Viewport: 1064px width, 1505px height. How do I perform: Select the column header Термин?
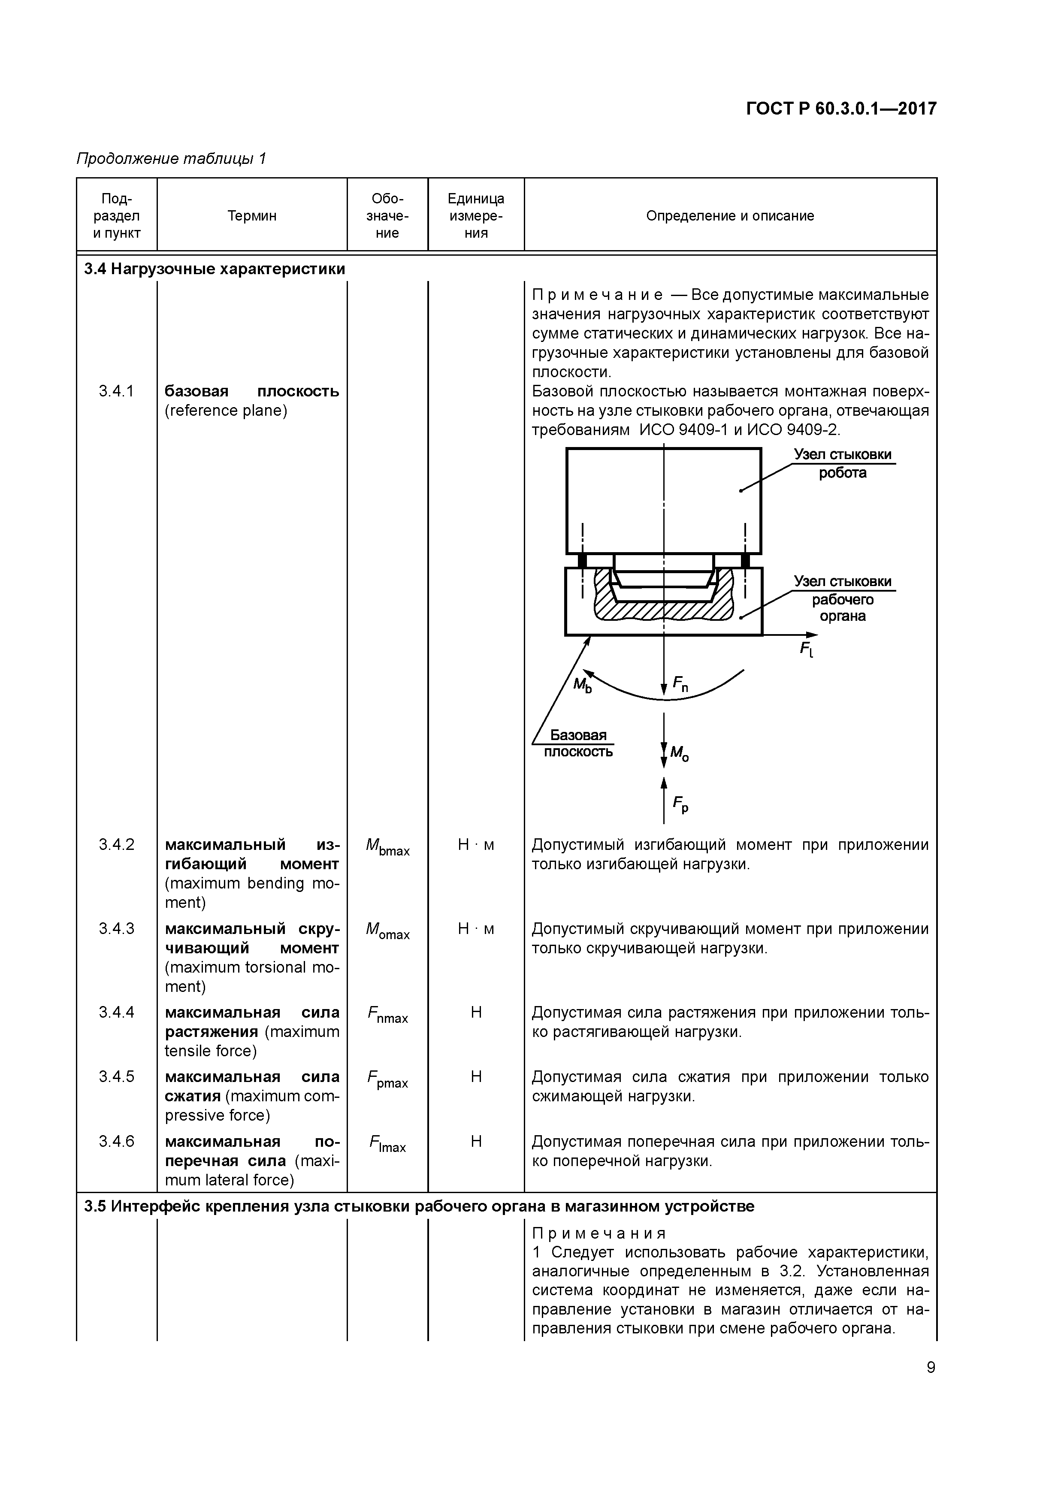click(x=252, y=216)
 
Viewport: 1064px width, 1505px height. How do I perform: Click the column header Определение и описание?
click(x=730, y=216)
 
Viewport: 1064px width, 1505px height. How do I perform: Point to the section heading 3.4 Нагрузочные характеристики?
click(x=215, y=269)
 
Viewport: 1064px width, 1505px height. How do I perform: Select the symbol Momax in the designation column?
click(x=387, y=931)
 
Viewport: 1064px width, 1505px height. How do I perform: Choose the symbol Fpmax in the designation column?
click(x=387, y=1079)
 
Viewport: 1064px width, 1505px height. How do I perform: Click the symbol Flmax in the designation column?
click(x=387, y=1144)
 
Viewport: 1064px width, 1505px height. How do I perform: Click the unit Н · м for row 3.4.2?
click(x=476, y=845)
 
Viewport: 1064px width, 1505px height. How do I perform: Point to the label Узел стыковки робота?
click(x=843, y=463)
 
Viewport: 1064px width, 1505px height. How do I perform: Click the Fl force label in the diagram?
click(x=806, y=649)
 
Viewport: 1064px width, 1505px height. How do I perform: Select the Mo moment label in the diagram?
click(x=679, y=753)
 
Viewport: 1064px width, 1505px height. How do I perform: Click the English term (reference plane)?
click(x=226, y=410)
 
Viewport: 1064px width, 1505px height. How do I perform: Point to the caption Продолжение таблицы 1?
click(x=171, y=159)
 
